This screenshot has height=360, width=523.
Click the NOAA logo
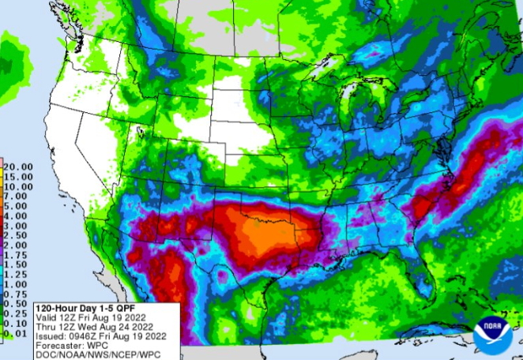click(493, 335)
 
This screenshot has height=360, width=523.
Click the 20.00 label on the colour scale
click(17, 167)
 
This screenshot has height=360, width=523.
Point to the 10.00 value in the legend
click(17, 186)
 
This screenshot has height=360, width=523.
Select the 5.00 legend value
click(15, 206)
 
